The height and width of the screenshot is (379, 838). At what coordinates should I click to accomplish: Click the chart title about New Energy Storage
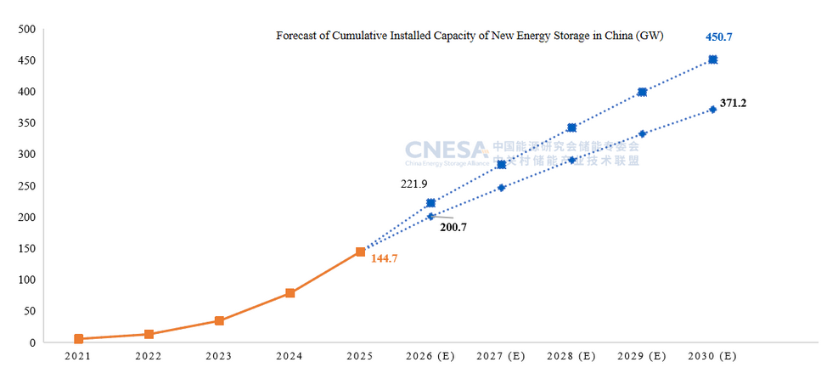pos(470,37)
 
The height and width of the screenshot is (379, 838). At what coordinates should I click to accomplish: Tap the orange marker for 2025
pos(360,252)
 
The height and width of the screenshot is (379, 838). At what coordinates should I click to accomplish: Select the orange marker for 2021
pos(78,339)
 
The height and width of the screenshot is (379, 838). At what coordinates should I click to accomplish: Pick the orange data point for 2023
pos(219,320)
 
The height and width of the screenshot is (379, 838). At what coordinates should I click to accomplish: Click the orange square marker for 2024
pos(290,293)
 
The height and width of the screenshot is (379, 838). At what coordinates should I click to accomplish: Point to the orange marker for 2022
pos(149,334)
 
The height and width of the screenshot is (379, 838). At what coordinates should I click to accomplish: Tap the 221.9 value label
pos(414,184)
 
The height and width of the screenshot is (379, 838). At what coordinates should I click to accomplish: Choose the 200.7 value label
pos(453,227)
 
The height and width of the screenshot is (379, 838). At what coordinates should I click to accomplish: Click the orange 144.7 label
pos(384,257)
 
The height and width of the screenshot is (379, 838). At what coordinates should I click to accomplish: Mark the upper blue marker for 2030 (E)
pos(712,59)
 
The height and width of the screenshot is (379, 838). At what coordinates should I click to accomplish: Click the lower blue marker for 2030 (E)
pos(712,110)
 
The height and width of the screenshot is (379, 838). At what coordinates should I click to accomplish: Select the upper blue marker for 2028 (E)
pos(571,127)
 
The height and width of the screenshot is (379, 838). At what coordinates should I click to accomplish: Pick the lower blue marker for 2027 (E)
pos(501,188)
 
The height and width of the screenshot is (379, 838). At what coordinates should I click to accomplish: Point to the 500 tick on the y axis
pos(26,29)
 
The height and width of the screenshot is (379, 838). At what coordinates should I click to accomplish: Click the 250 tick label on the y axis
pos(26,186)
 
